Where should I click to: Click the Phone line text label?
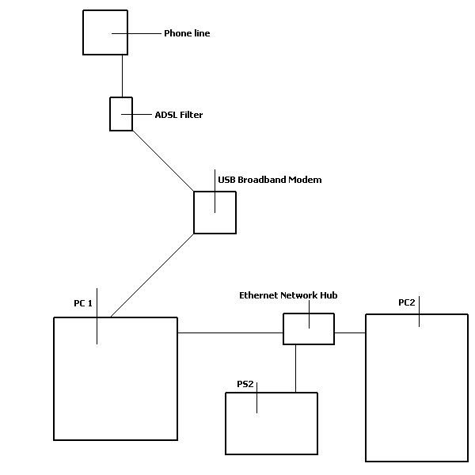pos(187,33)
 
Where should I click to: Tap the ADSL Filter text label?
pos(178,115)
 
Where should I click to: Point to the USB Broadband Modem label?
pos(269,180)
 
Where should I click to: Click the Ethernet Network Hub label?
pos(288,295)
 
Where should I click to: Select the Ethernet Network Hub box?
pos(309,329)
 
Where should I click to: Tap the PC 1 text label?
pos(83,303)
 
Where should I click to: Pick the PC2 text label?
pos(407,302)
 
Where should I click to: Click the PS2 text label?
pos(245,384)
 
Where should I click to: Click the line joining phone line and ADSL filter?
pos(121,75)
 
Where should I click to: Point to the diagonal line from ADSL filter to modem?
pos(163,161)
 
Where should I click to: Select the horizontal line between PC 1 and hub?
pos(230,333)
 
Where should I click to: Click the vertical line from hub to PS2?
pos(296,368)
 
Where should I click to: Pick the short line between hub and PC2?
pos(349,333)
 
